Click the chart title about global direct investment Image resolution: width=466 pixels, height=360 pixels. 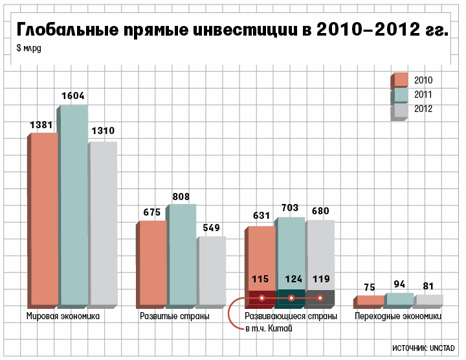[232, 30]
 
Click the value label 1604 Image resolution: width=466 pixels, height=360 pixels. [72, 96]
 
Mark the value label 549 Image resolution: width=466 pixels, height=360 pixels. [211, 228]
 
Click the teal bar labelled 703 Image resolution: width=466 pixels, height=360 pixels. [291, 253]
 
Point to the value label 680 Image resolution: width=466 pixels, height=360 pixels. [321, 212]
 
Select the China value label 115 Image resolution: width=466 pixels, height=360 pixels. [260, 280]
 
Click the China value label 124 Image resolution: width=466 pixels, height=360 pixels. [291, 280]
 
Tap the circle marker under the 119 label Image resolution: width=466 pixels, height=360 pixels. [320, 298]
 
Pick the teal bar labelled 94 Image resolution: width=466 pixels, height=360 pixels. [399, 299]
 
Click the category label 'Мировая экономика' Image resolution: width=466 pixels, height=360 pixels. [63, 317]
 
